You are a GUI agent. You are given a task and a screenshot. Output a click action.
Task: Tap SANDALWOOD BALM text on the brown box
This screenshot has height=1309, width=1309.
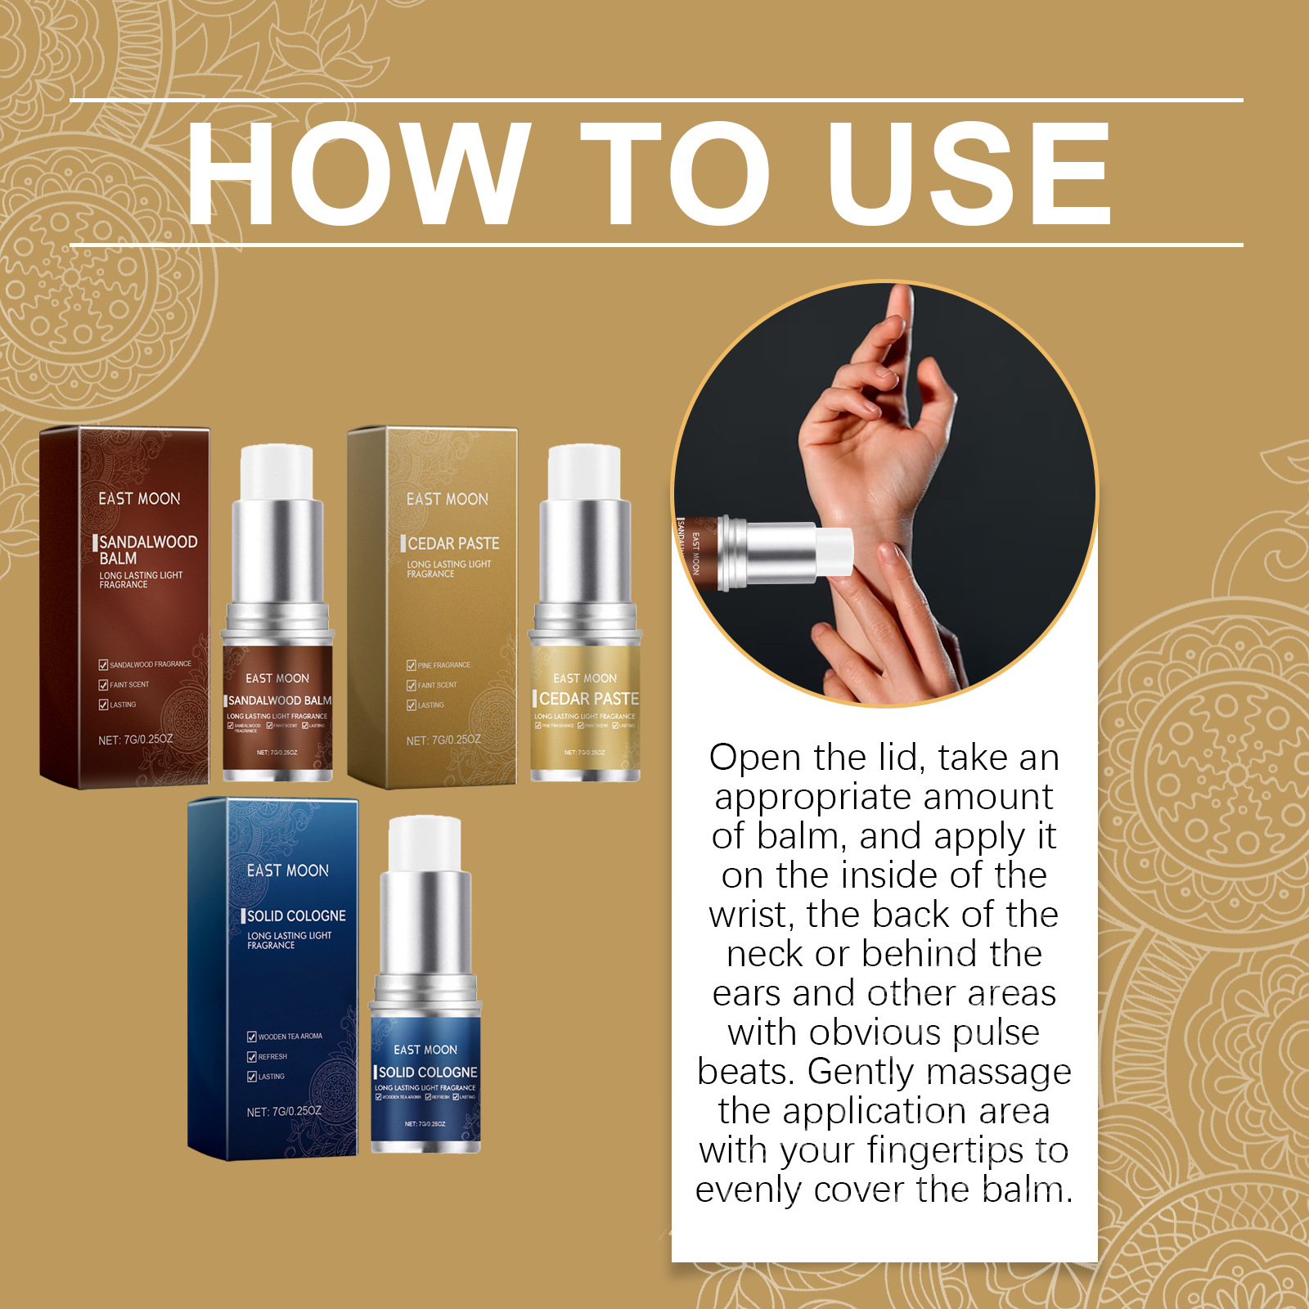[147, 550]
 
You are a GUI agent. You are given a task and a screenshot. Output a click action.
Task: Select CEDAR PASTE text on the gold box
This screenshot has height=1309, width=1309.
[453, 543]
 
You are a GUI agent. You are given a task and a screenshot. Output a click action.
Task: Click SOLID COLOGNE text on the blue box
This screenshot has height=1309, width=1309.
[296, 915]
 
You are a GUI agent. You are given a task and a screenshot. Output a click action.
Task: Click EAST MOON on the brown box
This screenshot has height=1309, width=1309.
[139, 498]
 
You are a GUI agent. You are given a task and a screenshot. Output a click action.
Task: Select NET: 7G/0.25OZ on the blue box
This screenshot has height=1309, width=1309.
[284, 1112]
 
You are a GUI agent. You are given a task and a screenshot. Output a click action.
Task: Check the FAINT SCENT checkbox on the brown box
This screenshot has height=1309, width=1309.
[104, 685]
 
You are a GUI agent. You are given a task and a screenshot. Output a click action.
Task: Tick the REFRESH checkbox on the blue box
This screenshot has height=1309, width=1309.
[252, 1056]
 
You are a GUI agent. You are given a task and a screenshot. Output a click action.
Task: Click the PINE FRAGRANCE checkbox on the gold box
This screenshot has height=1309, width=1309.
[412, 665]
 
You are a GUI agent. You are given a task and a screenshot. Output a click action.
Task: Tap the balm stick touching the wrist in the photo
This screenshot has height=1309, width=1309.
[785, 552]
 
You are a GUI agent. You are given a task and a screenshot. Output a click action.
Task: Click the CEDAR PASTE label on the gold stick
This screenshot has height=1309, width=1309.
[588, 699]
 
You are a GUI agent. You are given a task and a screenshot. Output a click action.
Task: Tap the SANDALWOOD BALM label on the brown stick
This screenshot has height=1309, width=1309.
[280, 700]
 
